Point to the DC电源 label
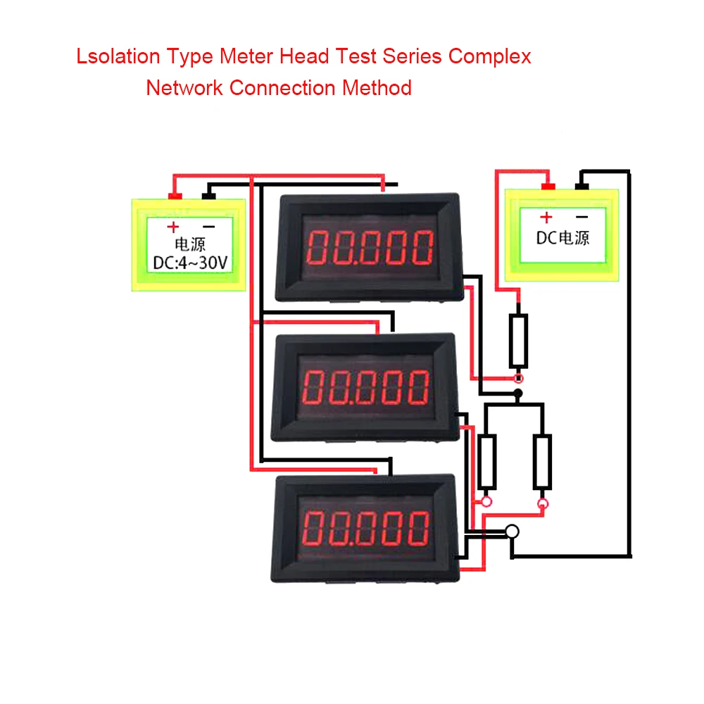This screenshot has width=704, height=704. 562,237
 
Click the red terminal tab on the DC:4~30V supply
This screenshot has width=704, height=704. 174,195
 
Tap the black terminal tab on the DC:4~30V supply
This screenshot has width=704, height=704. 208,195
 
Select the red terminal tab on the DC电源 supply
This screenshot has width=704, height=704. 547,187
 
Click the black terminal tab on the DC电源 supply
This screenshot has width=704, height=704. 582,187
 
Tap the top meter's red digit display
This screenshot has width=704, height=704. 370,247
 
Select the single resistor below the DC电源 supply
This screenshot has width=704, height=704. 518,341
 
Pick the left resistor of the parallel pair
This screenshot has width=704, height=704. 486,462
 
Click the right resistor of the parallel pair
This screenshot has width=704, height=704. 542,462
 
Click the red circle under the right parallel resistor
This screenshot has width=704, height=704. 542,504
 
